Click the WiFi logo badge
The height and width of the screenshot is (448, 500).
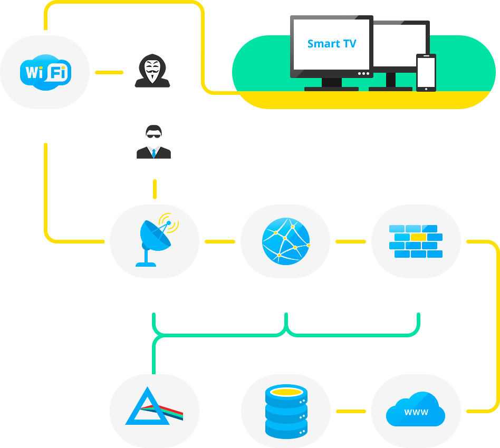point(45,72)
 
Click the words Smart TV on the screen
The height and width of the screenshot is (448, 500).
point(332,44)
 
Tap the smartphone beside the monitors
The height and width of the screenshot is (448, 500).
point(426,73)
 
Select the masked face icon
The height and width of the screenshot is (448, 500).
point(152,71)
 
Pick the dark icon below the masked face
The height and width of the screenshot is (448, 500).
point(153,142)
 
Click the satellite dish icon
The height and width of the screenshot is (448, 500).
point(155,241)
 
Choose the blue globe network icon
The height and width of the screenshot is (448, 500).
point(285,241)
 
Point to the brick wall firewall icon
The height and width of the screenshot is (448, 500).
point(416,241)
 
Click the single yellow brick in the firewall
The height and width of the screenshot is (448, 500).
point(418,237)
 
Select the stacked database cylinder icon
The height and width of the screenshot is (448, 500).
point(286,411)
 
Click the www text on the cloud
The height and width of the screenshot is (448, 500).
point(416,412)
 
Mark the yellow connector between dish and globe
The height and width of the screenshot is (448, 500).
point(219,241)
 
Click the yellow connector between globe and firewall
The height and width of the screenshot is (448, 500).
point(350,241)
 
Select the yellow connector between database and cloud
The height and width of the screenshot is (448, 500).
point(351,411)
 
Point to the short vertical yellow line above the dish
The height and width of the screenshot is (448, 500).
point(155,189)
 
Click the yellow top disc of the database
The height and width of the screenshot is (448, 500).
point(286,392)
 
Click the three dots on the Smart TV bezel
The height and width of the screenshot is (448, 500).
point(363,74)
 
